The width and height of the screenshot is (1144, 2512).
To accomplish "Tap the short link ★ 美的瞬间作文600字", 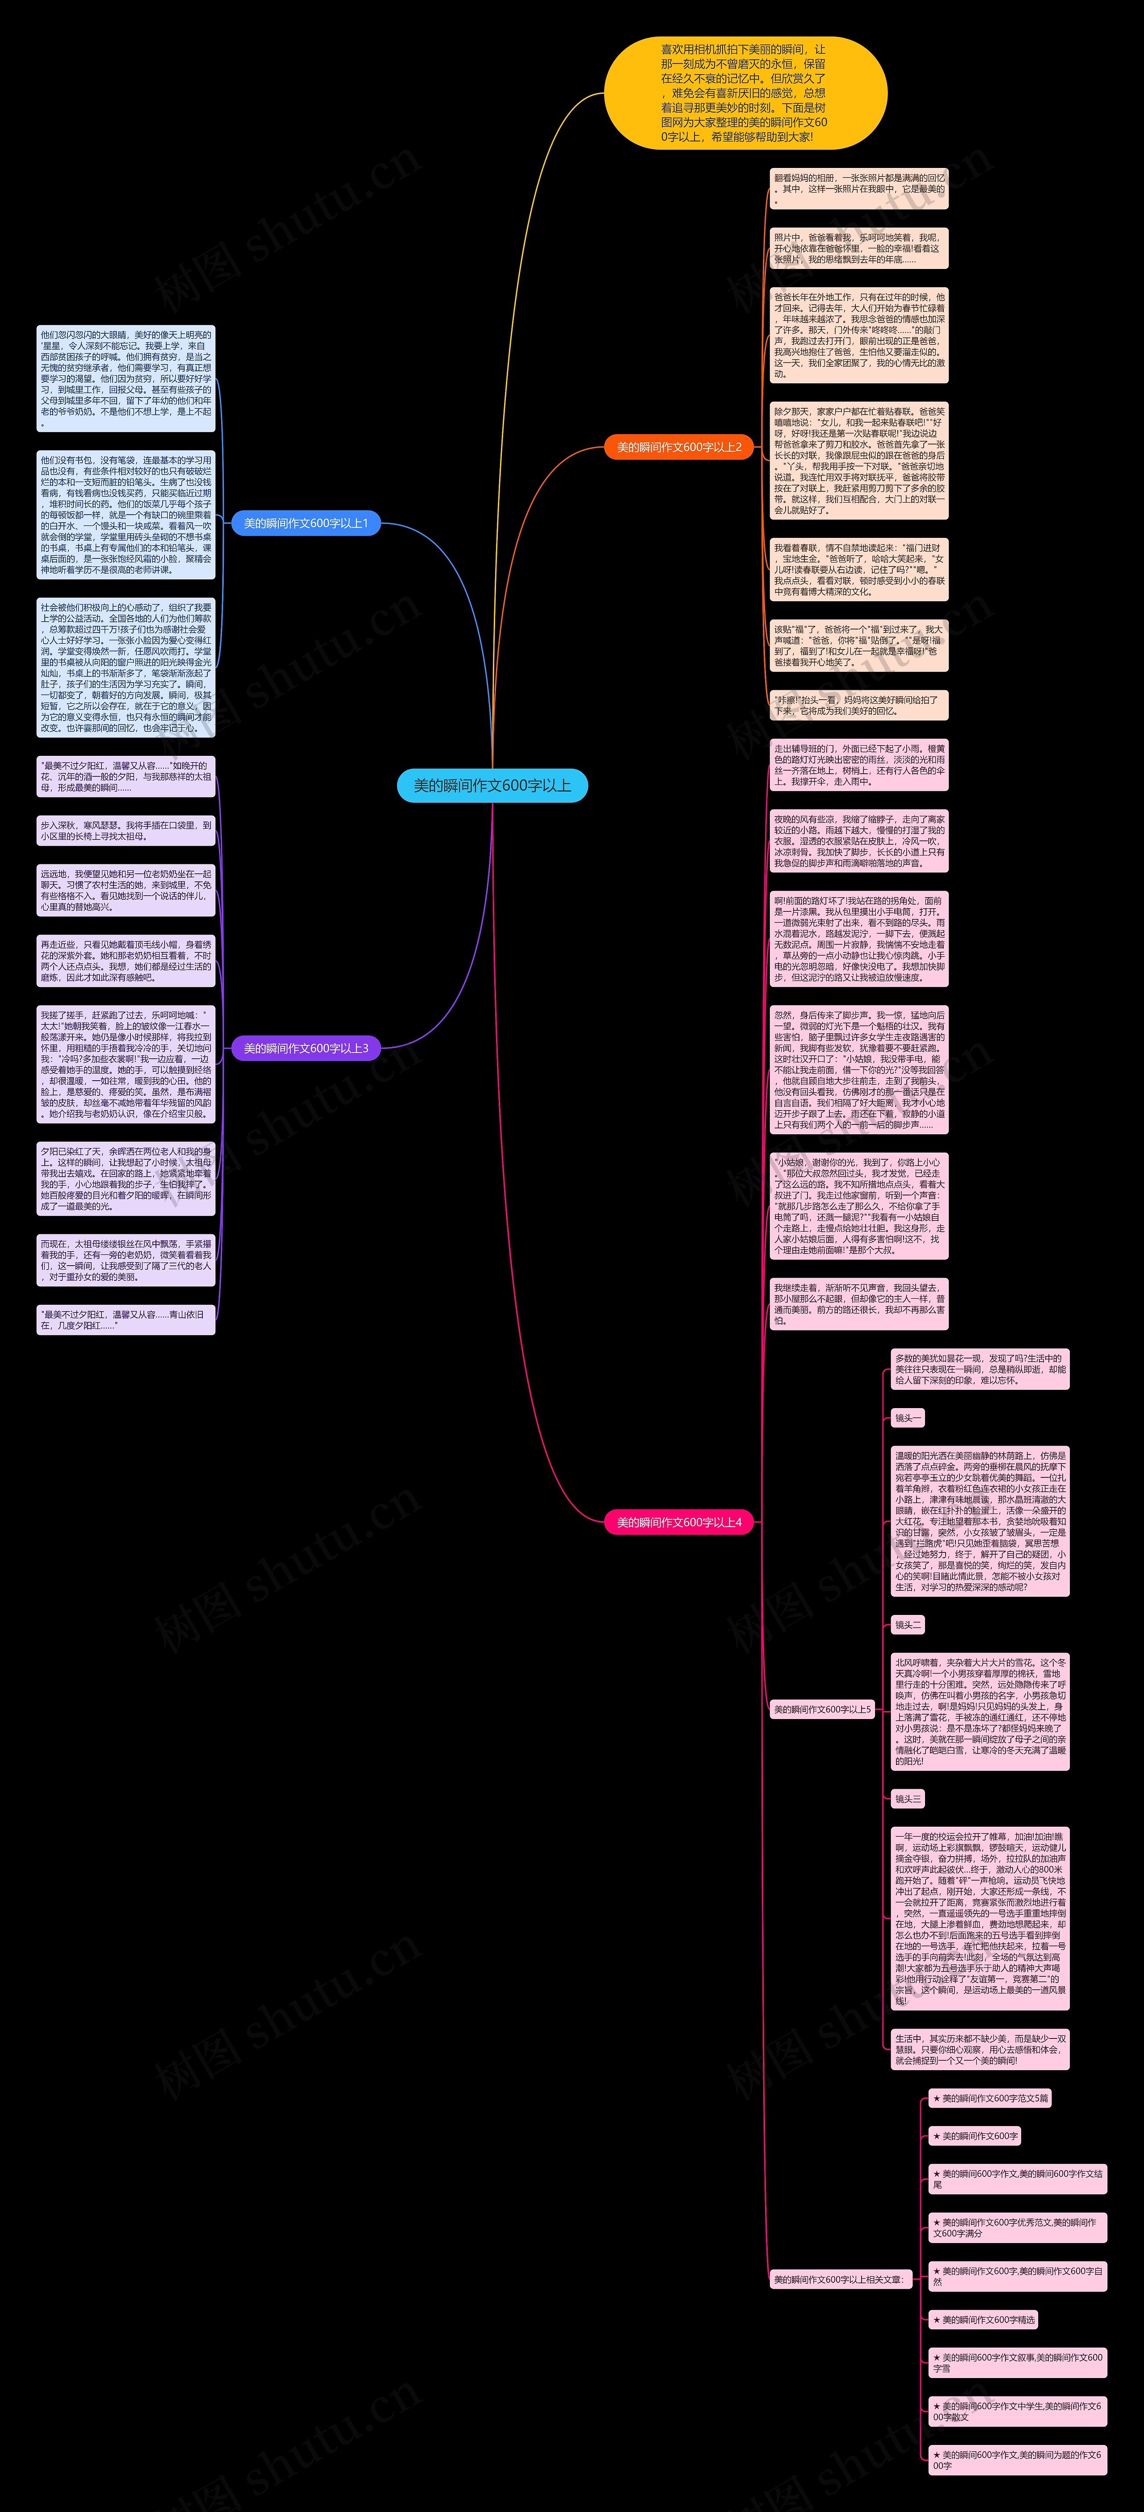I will [974, 2135].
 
